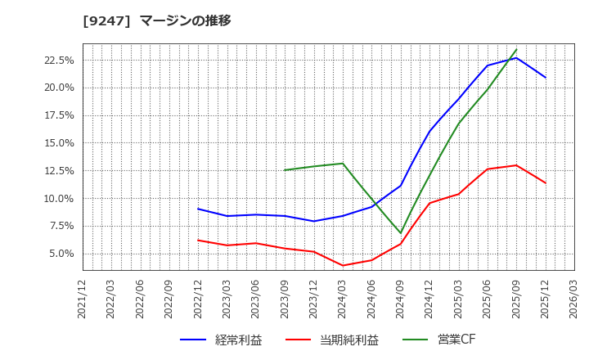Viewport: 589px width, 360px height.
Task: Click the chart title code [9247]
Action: click(106, 20)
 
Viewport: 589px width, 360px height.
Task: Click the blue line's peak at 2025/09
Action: click(516, 57)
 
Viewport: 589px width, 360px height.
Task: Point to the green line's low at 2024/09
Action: click(401, 233)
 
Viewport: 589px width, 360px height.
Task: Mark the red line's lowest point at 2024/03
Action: click(343, 265)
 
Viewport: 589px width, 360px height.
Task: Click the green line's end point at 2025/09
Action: click(516, 49)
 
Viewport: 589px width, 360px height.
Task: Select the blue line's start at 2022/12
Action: click(198, 209)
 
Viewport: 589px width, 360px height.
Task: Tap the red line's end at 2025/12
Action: click(546, 182)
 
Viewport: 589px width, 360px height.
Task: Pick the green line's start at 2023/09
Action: click(285, 170)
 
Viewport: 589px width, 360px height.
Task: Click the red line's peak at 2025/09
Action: click(516, 165)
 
